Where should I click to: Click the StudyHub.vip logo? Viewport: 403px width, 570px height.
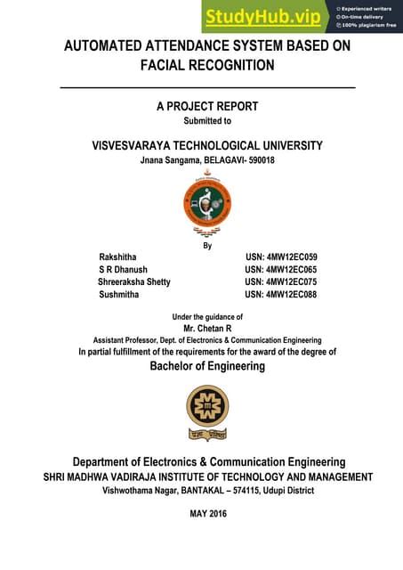click(265, 16)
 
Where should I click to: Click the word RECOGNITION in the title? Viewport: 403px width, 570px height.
click(207, 65)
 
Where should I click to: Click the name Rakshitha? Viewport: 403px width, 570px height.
click(118, 256)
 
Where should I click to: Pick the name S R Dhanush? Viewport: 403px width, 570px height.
click(123, 269)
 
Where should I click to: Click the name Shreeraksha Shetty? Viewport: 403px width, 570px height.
click(133, 281)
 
